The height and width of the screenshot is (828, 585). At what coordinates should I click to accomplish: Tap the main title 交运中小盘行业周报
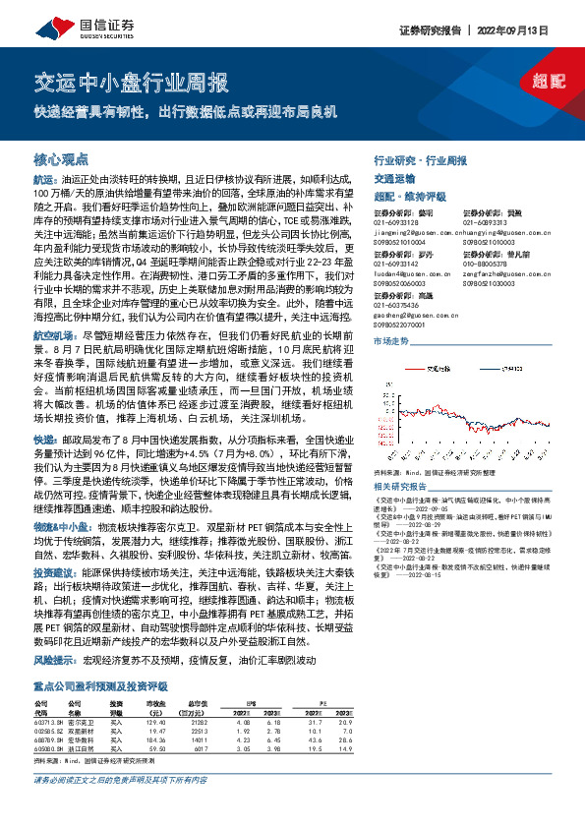click(x=124, y=81)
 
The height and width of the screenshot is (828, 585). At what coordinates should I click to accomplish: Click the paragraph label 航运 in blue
click(x=46, y=181)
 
